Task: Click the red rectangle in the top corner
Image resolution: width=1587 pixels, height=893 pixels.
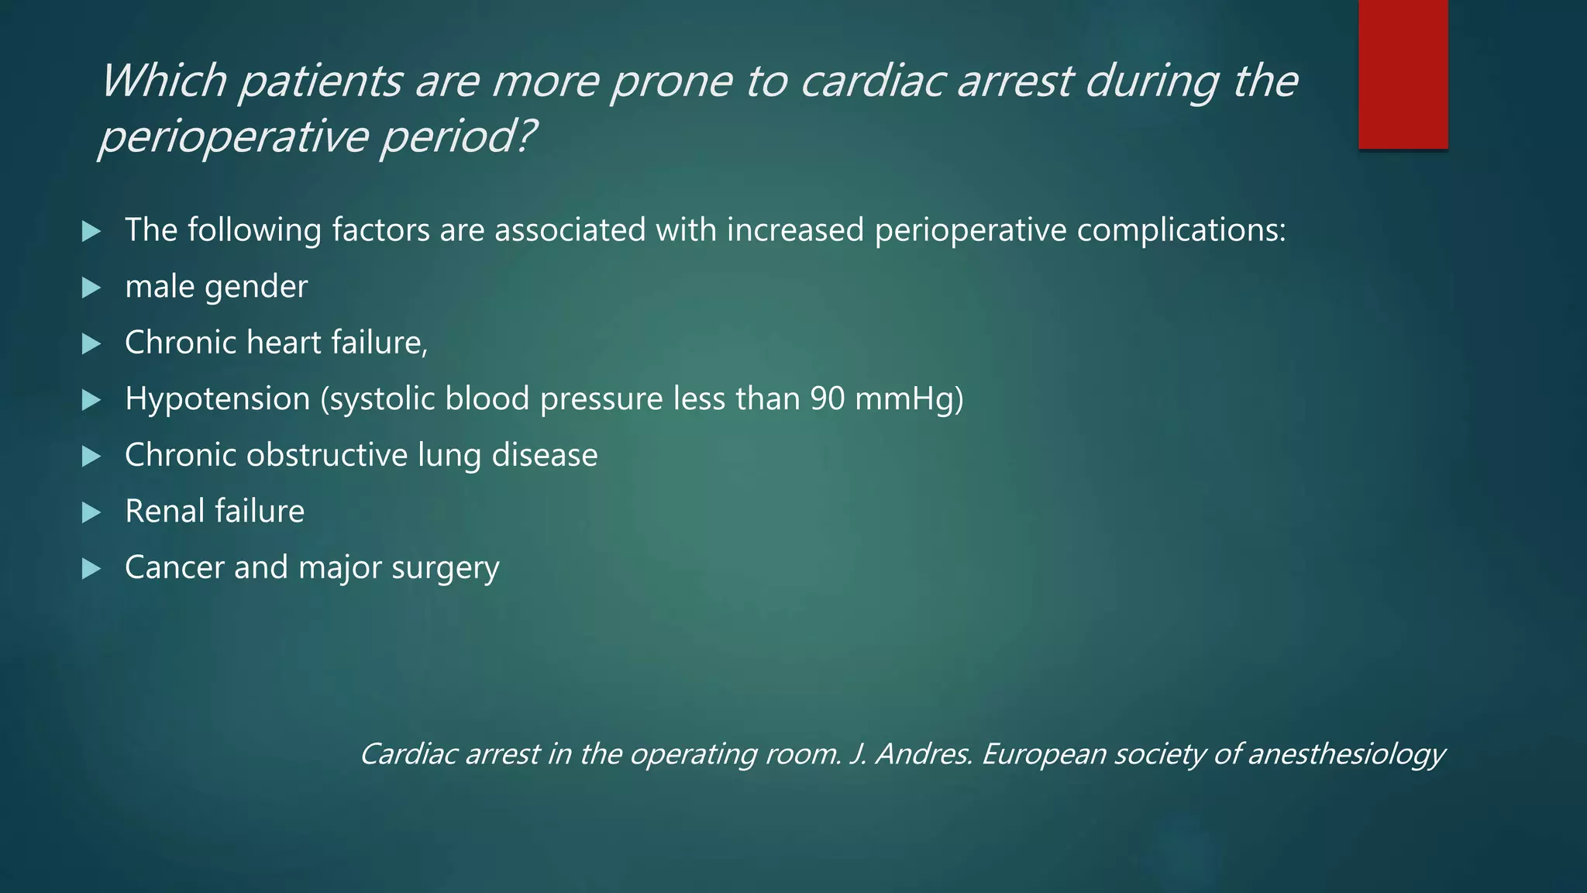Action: pyautogui.click(x=1403, y=74)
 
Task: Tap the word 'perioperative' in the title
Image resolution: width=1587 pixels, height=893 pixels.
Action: pyautogui.click(x=232, y=137)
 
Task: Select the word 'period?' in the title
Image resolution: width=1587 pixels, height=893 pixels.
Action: pyautogui.click(x=457, y=137)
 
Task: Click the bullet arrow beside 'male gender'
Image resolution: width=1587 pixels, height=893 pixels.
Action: pyautogui.click(x=91, y=288)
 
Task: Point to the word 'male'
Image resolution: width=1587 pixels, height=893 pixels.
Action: pyautogui.click(x=159, y=287)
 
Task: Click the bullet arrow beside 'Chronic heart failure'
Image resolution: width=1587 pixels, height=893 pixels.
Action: pyautogui.click(x=91, y=344)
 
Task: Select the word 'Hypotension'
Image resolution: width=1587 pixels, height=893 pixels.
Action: pyautogui.click(x=217, y=399)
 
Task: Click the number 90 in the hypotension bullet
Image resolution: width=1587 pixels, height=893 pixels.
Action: pyautogui.click(x=828, y=399)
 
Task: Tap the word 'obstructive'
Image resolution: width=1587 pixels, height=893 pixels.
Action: pyautogui.click(x=326, y=455)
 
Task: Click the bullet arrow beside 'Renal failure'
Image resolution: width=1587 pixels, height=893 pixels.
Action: pyautogui.click(x=91, y=512)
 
